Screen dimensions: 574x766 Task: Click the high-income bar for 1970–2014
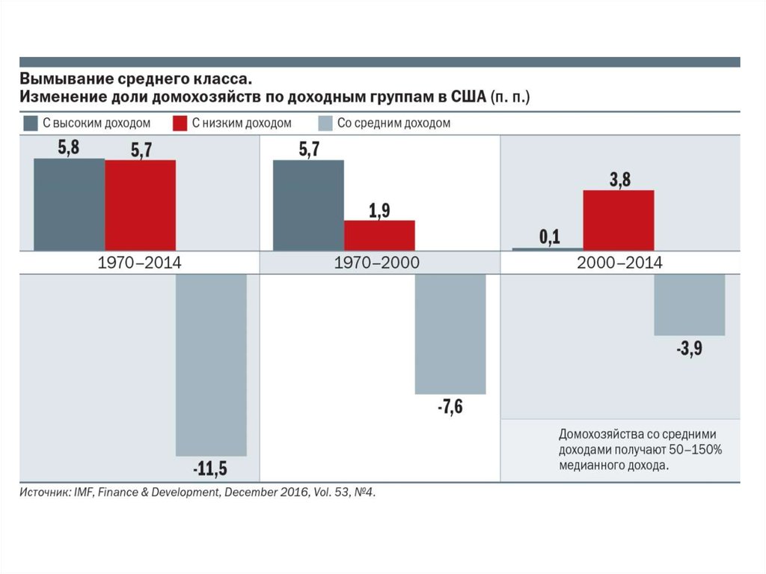tap(69, 204)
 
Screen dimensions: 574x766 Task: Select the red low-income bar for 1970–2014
tap(140, 205)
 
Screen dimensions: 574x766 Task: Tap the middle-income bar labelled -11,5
tap(211, 364)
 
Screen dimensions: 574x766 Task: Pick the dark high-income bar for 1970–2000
tap(308, 205)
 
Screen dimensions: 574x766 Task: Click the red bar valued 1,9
tap(379, 235)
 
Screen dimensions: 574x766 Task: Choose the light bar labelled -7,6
tap(450, 334)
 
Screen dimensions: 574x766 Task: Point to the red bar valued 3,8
tap(619, 220)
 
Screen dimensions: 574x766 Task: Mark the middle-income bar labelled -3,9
tap(690, 305)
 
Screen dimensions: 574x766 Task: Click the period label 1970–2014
tap(140, 263)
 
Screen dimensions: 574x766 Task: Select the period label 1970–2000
tap(379, 263)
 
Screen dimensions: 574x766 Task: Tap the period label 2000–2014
tap(619, 263)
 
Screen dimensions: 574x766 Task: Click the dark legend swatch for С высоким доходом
tap(31, 123)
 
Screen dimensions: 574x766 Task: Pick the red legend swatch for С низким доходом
tap(180, 123)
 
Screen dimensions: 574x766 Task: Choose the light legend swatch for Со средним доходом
tap(325, 123)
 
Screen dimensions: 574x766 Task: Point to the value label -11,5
tap(210, 469)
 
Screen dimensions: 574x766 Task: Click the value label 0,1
tap(549, 237)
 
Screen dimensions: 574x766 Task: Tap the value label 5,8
tap(68, 147)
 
